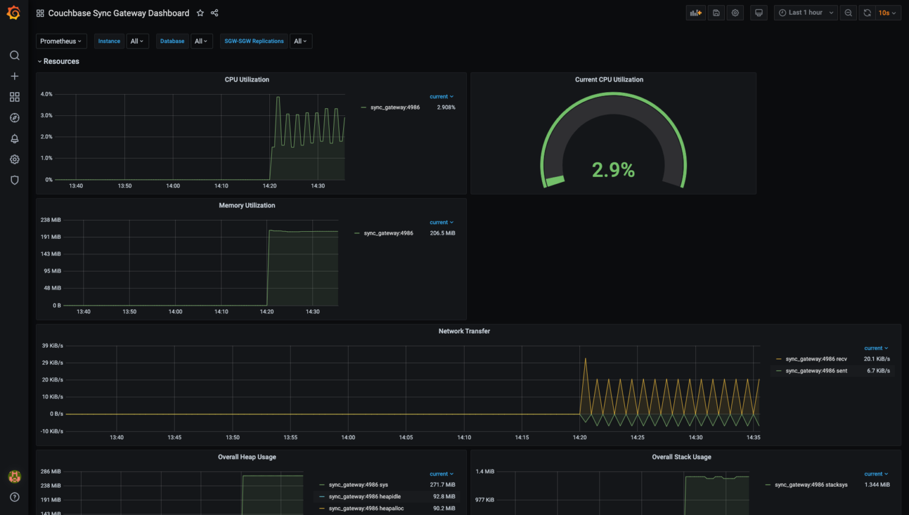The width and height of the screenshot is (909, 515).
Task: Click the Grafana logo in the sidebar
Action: (x=14, y=12)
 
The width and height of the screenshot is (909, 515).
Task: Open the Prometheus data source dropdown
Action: (x=61, y=41)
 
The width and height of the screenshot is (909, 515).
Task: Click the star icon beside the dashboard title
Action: (x=200, y=13)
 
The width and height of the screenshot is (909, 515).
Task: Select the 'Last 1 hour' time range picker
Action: (x=805, y=12)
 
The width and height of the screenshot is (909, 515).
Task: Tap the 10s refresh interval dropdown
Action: (x=887, y=12)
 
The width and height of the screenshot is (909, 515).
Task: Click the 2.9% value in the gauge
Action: (x=613, y=170)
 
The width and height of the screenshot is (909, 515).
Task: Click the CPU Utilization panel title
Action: (x=247, y=80)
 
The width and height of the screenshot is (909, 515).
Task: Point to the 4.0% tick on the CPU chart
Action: (x=46, y=94)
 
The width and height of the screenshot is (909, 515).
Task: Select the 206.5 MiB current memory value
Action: (x=442, y=234)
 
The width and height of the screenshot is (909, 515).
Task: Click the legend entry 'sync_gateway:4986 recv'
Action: (x=816, y=359)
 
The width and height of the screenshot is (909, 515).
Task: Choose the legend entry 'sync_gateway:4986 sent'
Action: (x=816, y=371)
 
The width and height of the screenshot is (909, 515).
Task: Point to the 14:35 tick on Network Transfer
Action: (x=753, y=438)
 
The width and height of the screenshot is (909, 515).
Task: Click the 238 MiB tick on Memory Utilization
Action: (x=50, y=220)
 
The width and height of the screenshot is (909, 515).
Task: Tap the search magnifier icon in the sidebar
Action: (x=15, y=56)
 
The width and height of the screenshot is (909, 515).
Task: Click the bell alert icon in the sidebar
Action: (x=15, y=138)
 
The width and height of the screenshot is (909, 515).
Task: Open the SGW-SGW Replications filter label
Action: (x=254, y=41)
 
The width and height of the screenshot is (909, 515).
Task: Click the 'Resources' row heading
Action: (x=61, y=61)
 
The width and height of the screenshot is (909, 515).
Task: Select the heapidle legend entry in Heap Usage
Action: (x=365, y=497)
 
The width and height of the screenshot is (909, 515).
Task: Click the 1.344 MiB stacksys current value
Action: (x=877, y=485)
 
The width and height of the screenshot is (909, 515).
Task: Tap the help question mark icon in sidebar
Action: (x=15, y=497)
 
